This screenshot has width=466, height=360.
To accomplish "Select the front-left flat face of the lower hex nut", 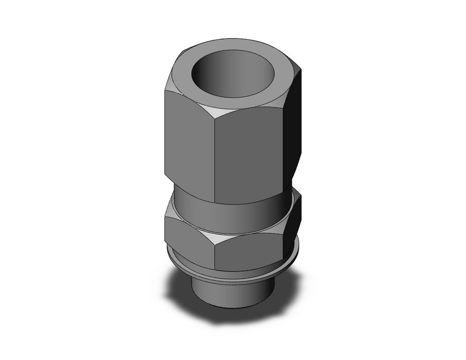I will point(188,234).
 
